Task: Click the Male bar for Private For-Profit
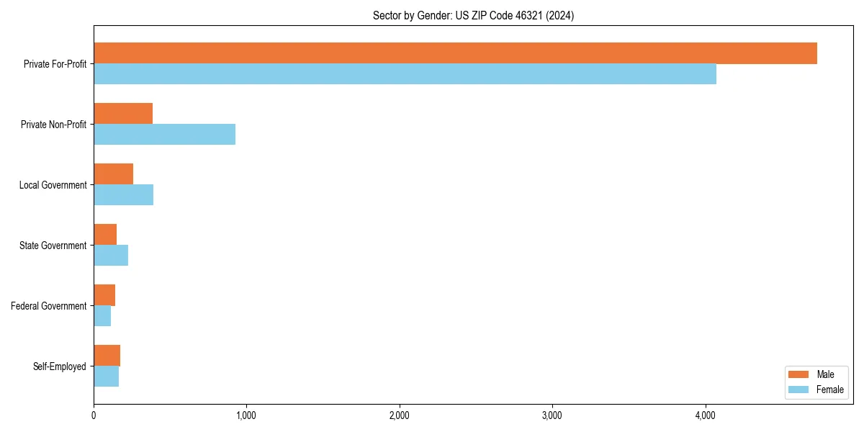tap(455, 53)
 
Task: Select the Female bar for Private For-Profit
tap(405, 74)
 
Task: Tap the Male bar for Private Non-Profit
tap(123, 114)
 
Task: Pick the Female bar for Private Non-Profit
tap(164, 135)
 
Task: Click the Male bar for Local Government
tap(113, 174)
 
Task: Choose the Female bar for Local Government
tap(123, 195)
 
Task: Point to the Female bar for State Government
tap(111, 256)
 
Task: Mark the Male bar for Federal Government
tap(104, 295)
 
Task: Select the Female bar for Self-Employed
tap(106, 377)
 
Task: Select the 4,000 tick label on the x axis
tap(706, 415)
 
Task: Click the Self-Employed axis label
tap(60, 366)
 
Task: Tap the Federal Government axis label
tap(49, 306)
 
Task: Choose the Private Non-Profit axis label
tap(53, 125)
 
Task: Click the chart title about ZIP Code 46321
tap(473, 15)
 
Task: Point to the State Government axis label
tap(53, 246)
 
